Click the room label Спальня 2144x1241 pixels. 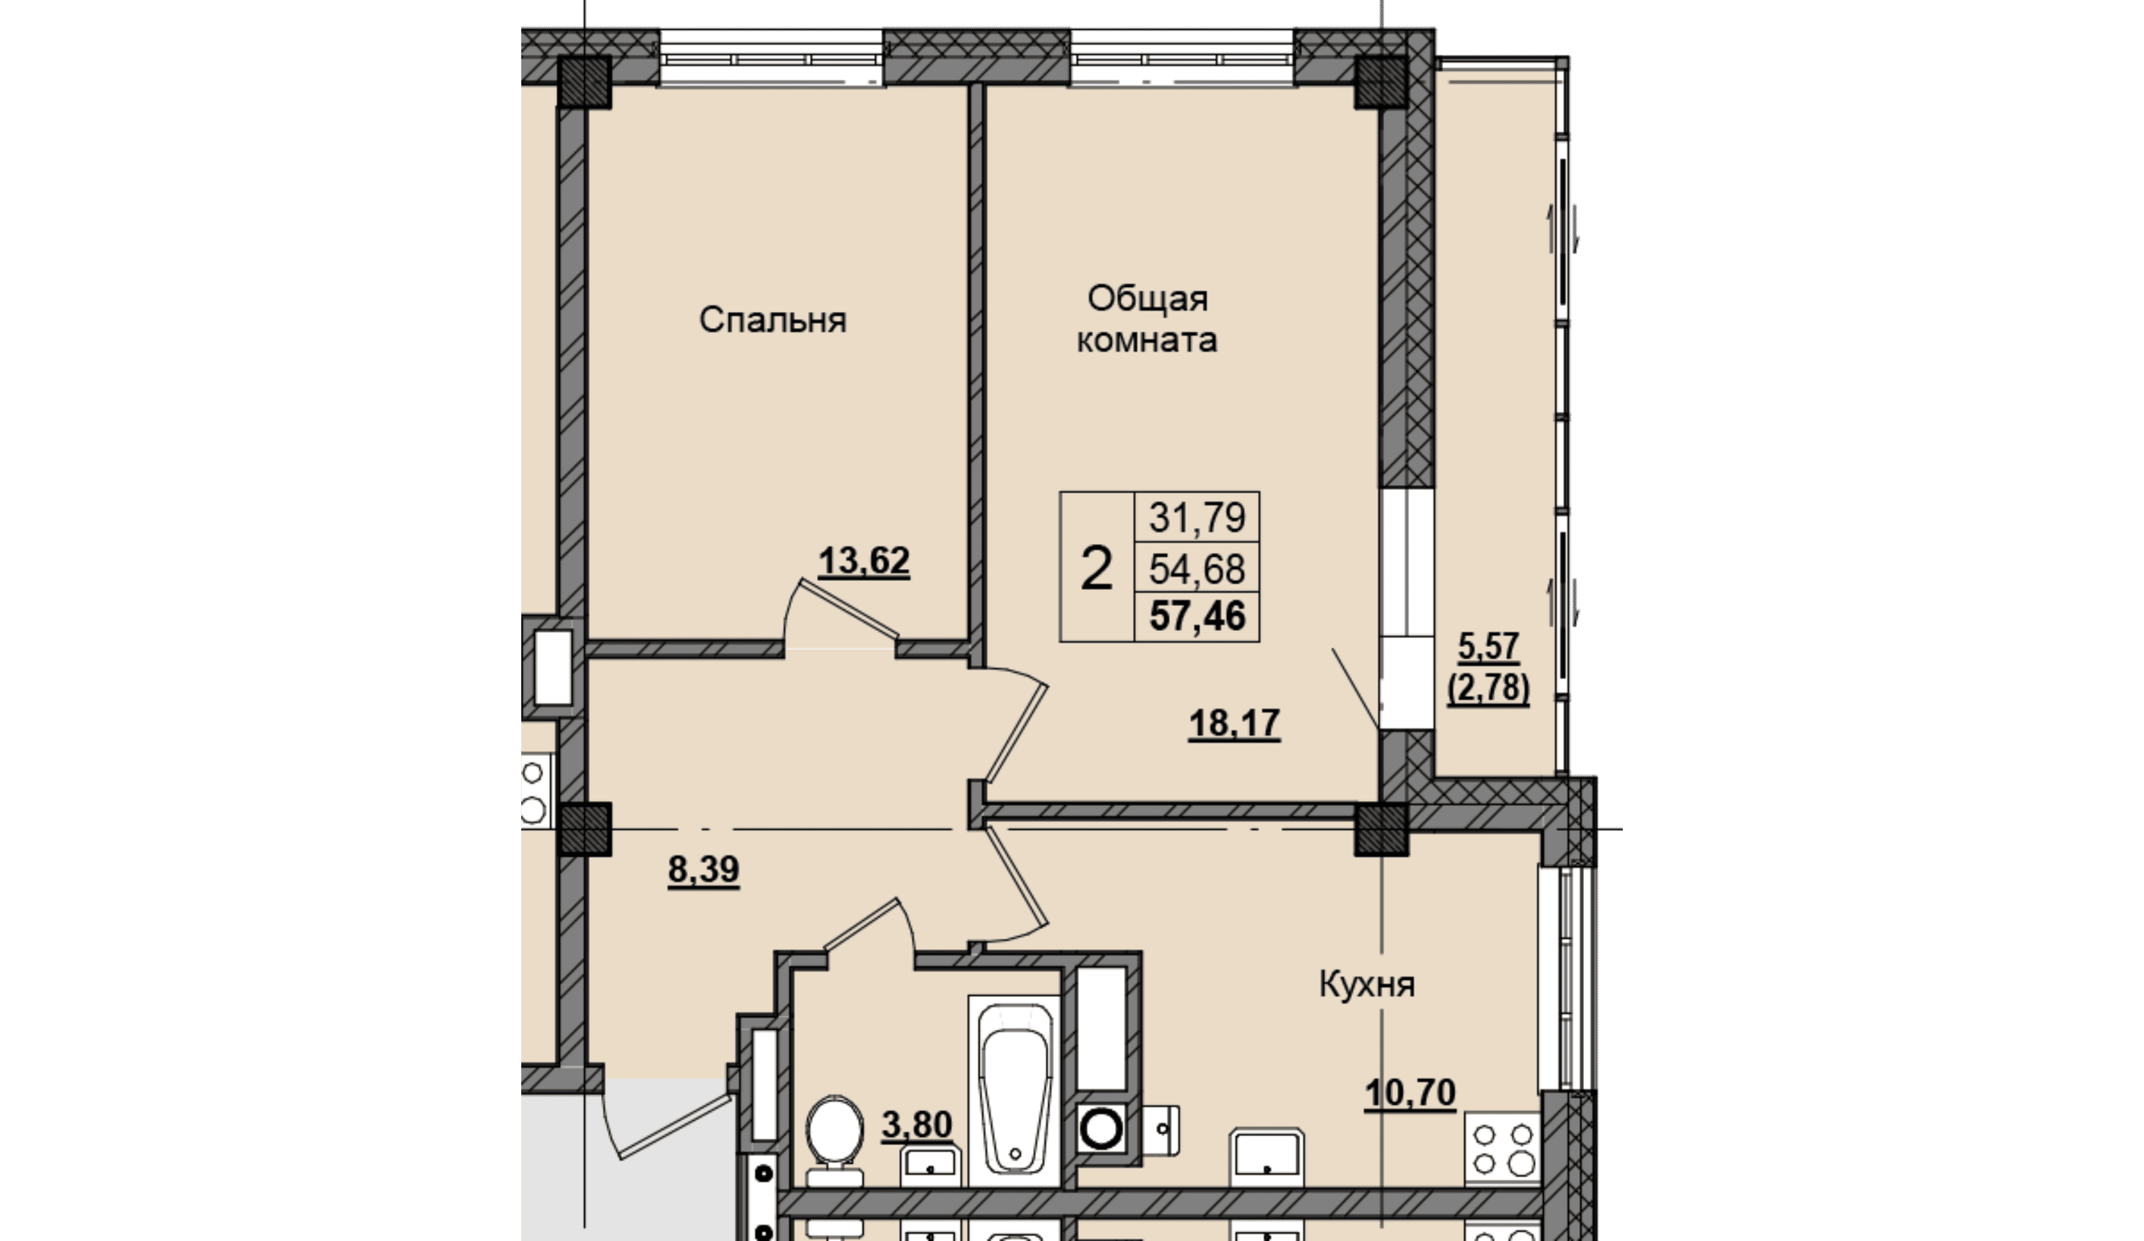773,321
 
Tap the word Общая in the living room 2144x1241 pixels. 1148,299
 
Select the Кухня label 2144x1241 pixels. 1367,985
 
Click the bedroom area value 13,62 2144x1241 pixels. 864,561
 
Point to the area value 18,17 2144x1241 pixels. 1234,723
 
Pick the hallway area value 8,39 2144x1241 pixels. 704,870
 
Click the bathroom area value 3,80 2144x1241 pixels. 916,1125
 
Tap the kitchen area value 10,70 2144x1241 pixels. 1410,1093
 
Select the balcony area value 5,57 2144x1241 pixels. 1489,647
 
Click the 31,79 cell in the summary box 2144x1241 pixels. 1197,517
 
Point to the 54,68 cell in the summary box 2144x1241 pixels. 1197,568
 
